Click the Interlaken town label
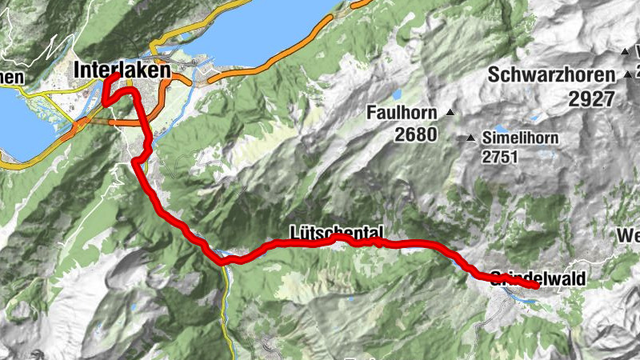(122, 70)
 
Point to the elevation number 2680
(416, 134)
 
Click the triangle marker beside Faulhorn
(451, 112)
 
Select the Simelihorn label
(520, 138)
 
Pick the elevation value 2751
(501, 157)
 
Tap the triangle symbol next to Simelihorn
(471, 138)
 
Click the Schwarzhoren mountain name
(551, 75)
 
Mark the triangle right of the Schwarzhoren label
(628, 75)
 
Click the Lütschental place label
(336, 232)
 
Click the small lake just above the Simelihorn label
(502, 127)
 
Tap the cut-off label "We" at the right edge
(629, 236)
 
